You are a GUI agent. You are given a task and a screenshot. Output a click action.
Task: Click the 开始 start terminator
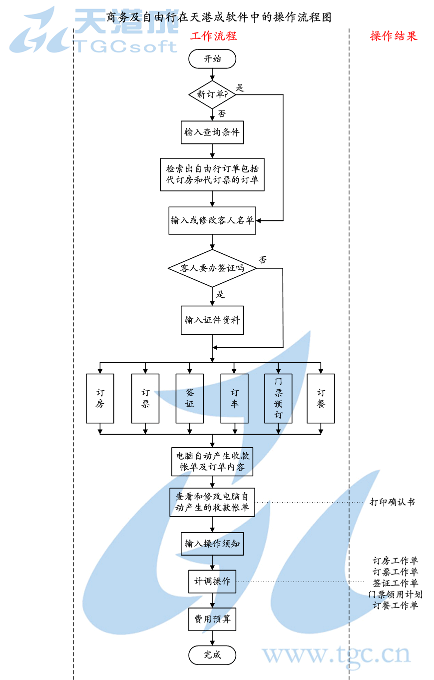tap(212, 59)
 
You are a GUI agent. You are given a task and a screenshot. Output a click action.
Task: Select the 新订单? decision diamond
tap(212, 94)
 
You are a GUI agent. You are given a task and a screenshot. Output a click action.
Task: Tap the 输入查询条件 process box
tap(212, 132)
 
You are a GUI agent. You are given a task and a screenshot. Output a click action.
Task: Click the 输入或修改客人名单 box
tap(212, 220)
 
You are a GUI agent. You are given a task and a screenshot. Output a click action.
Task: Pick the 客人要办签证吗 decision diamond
tap(212, 268)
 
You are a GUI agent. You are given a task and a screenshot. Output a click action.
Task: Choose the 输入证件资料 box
tap(212, 320)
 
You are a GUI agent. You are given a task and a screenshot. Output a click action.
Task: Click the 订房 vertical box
tap(100, 398)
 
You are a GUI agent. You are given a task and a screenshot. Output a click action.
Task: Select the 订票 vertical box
tap(145, 398)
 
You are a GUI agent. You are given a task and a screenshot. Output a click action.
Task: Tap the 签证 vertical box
tap(190, 398)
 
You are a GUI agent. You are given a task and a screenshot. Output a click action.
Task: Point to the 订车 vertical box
tap(234, 398)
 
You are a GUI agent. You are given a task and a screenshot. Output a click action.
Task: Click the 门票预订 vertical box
tap(278, 398)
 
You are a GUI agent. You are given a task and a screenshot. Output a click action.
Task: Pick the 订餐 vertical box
tap(321, 398)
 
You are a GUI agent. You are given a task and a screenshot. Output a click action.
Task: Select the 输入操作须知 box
tap(212, 544)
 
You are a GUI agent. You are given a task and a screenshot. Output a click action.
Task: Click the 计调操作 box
tap(212, 582)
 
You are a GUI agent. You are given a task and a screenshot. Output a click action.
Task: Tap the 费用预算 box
tap(212, 620)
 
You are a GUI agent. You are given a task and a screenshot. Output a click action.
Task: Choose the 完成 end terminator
tap(212, 655)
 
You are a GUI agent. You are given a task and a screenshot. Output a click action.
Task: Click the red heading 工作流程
tap(213, 36)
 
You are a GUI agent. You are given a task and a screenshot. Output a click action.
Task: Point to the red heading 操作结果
tap(393, 36)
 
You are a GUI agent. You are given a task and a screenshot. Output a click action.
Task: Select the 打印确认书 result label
tap(392, 502)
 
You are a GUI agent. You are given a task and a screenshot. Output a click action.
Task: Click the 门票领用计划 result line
tap(395, 594)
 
